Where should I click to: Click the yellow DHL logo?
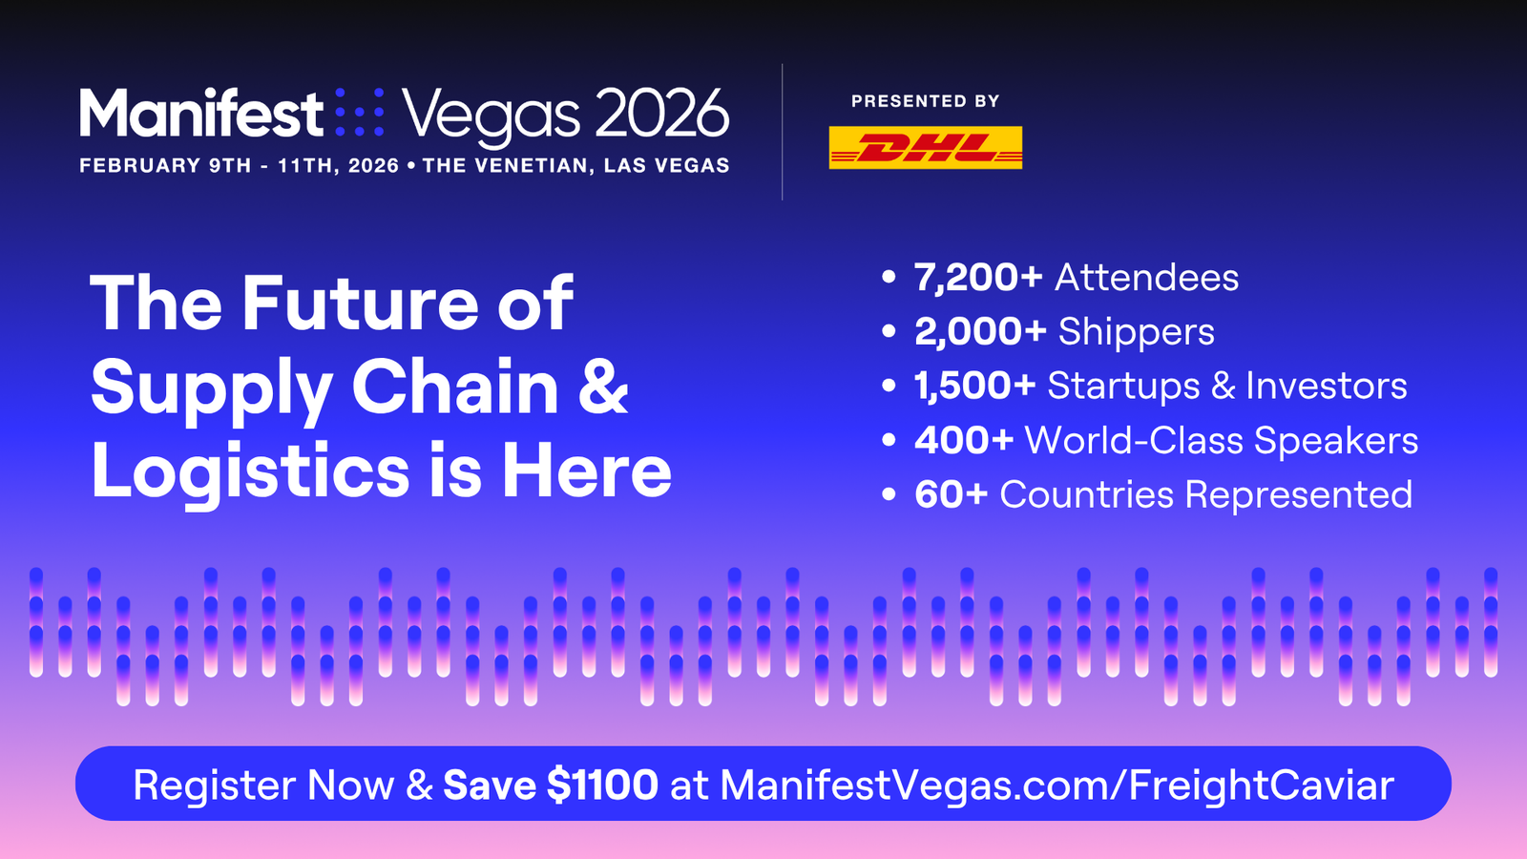coord(925,147)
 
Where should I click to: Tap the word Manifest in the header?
coord(201,113)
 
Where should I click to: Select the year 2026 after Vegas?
coord(662,113)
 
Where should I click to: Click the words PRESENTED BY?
coord(925,101)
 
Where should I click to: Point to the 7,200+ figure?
coord(978,278)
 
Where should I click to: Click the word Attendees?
coord(1146,278)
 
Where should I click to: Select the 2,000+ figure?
coord(980,331)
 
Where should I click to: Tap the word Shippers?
coord(1137,332)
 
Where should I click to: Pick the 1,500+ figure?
coord(974,386)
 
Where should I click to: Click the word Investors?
coord(1327,386)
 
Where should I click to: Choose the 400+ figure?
coord(964,440)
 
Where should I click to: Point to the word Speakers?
coord(1336,440)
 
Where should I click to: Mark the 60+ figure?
coord(951,494)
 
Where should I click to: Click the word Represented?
coord(1299,495)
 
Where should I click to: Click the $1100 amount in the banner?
coord(602,784)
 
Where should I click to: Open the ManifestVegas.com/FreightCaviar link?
coord(1056,785)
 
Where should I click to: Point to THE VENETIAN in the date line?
coord(505,166)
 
